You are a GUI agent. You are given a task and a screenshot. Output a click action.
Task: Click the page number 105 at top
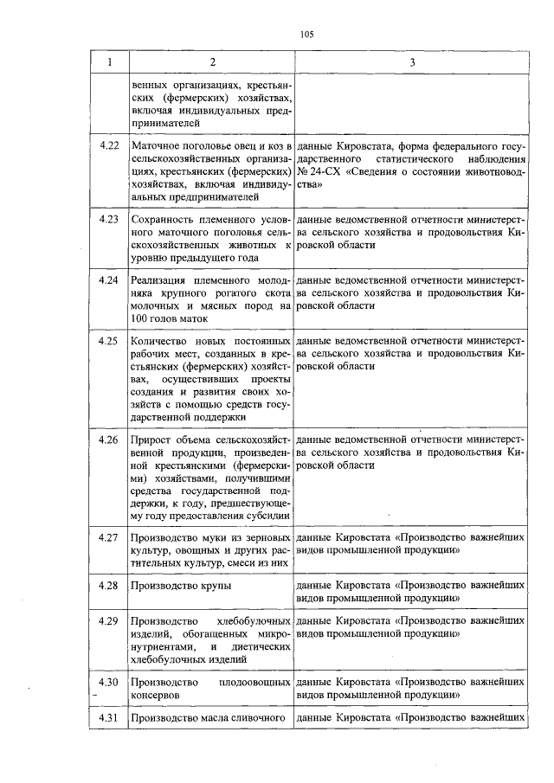pyautogui.click(x=306, y=35)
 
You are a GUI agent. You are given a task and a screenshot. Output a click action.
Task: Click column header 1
pyautogui.click(x=108, y=62)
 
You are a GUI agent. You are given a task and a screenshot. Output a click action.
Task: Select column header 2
pyautogui.click(x=211, y=62)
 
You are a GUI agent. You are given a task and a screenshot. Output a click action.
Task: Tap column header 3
pyautogui.click(x=412, y=62)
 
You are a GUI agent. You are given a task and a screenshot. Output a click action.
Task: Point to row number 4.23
pyautogui.click(x=108, y=220)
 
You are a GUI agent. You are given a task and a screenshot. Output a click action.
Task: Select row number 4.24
pyautogui.click(x=108, y=281)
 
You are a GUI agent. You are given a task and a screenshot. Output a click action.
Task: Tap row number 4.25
pyautogui.click(x=108, y=342)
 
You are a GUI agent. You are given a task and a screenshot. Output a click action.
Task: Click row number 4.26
pyautogui.click(x=108, y=440)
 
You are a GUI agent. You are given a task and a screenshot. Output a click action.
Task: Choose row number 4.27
pyautogui.click(x=108, y=537)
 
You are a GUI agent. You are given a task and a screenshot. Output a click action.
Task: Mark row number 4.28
pyautogui.click(x=108, y=586)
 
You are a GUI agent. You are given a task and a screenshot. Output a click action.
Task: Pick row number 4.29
pyautogui.click(x=108, y=621)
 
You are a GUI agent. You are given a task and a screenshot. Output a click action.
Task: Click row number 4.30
pyautogui.click(x=108, y=683)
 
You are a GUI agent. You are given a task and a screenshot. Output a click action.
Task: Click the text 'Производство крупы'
pyautogui.click(x=180, y=586)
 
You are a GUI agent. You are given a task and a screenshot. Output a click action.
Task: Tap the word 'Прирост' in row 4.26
pyautogui.click(x=150, y=440)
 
